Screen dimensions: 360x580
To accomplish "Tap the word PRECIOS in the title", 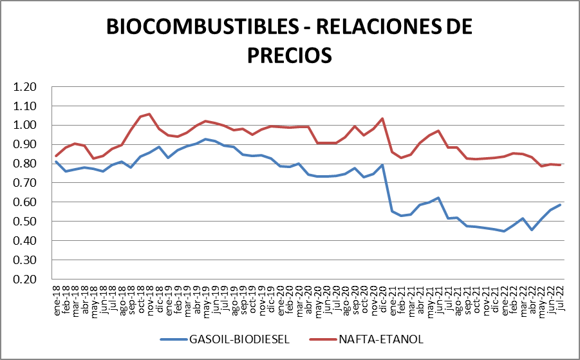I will click(x=290, y=55).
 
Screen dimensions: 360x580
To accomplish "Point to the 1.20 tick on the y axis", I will click(x=27, y=87).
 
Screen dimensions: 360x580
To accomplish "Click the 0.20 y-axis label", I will click(x=27, y=279).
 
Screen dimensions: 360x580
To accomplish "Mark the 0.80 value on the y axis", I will click(x=27, y=164).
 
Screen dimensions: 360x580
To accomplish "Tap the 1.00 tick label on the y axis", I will click(x=27, y=125).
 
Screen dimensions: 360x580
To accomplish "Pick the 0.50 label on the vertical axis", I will click(x=27, y=222).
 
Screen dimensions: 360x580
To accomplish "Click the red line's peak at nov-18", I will click(x=149, y=114).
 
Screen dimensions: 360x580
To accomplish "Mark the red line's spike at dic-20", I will click(x=383, y=118).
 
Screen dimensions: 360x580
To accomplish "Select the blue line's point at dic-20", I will click(x=383, y=165).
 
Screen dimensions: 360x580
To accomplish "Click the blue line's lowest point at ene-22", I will click(x=504, y=231).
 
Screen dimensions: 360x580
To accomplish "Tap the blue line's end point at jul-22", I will click(x=560, y=205).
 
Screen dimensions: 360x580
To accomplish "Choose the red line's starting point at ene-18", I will click(x=57, y=156).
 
